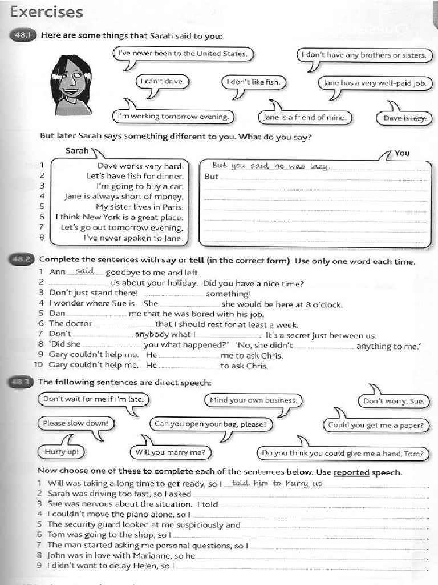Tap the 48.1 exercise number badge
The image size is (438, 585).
[23, 36]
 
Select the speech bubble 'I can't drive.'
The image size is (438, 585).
[163, 82]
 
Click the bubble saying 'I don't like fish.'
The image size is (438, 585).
[253, 82]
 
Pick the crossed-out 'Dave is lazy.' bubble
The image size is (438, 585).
[405, 118]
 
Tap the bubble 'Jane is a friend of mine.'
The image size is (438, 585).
[305, 118]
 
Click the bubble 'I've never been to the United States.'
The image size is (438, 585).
[182, 54]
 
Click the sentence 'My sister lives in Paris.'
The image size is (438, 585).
[139, 207]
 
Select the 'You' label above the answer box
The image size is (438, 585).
[402, 153]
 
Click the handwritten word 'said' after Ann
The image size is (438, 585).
[84, 271]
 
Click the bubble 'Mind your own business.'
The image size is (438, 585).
[253, 400]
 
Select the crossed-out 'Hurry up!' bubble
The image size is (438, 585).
[61, 452]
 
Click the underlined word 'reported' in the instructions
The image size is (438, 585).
[351, 472]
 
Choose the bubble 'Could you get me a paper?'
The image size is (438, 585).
[375, 425]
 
